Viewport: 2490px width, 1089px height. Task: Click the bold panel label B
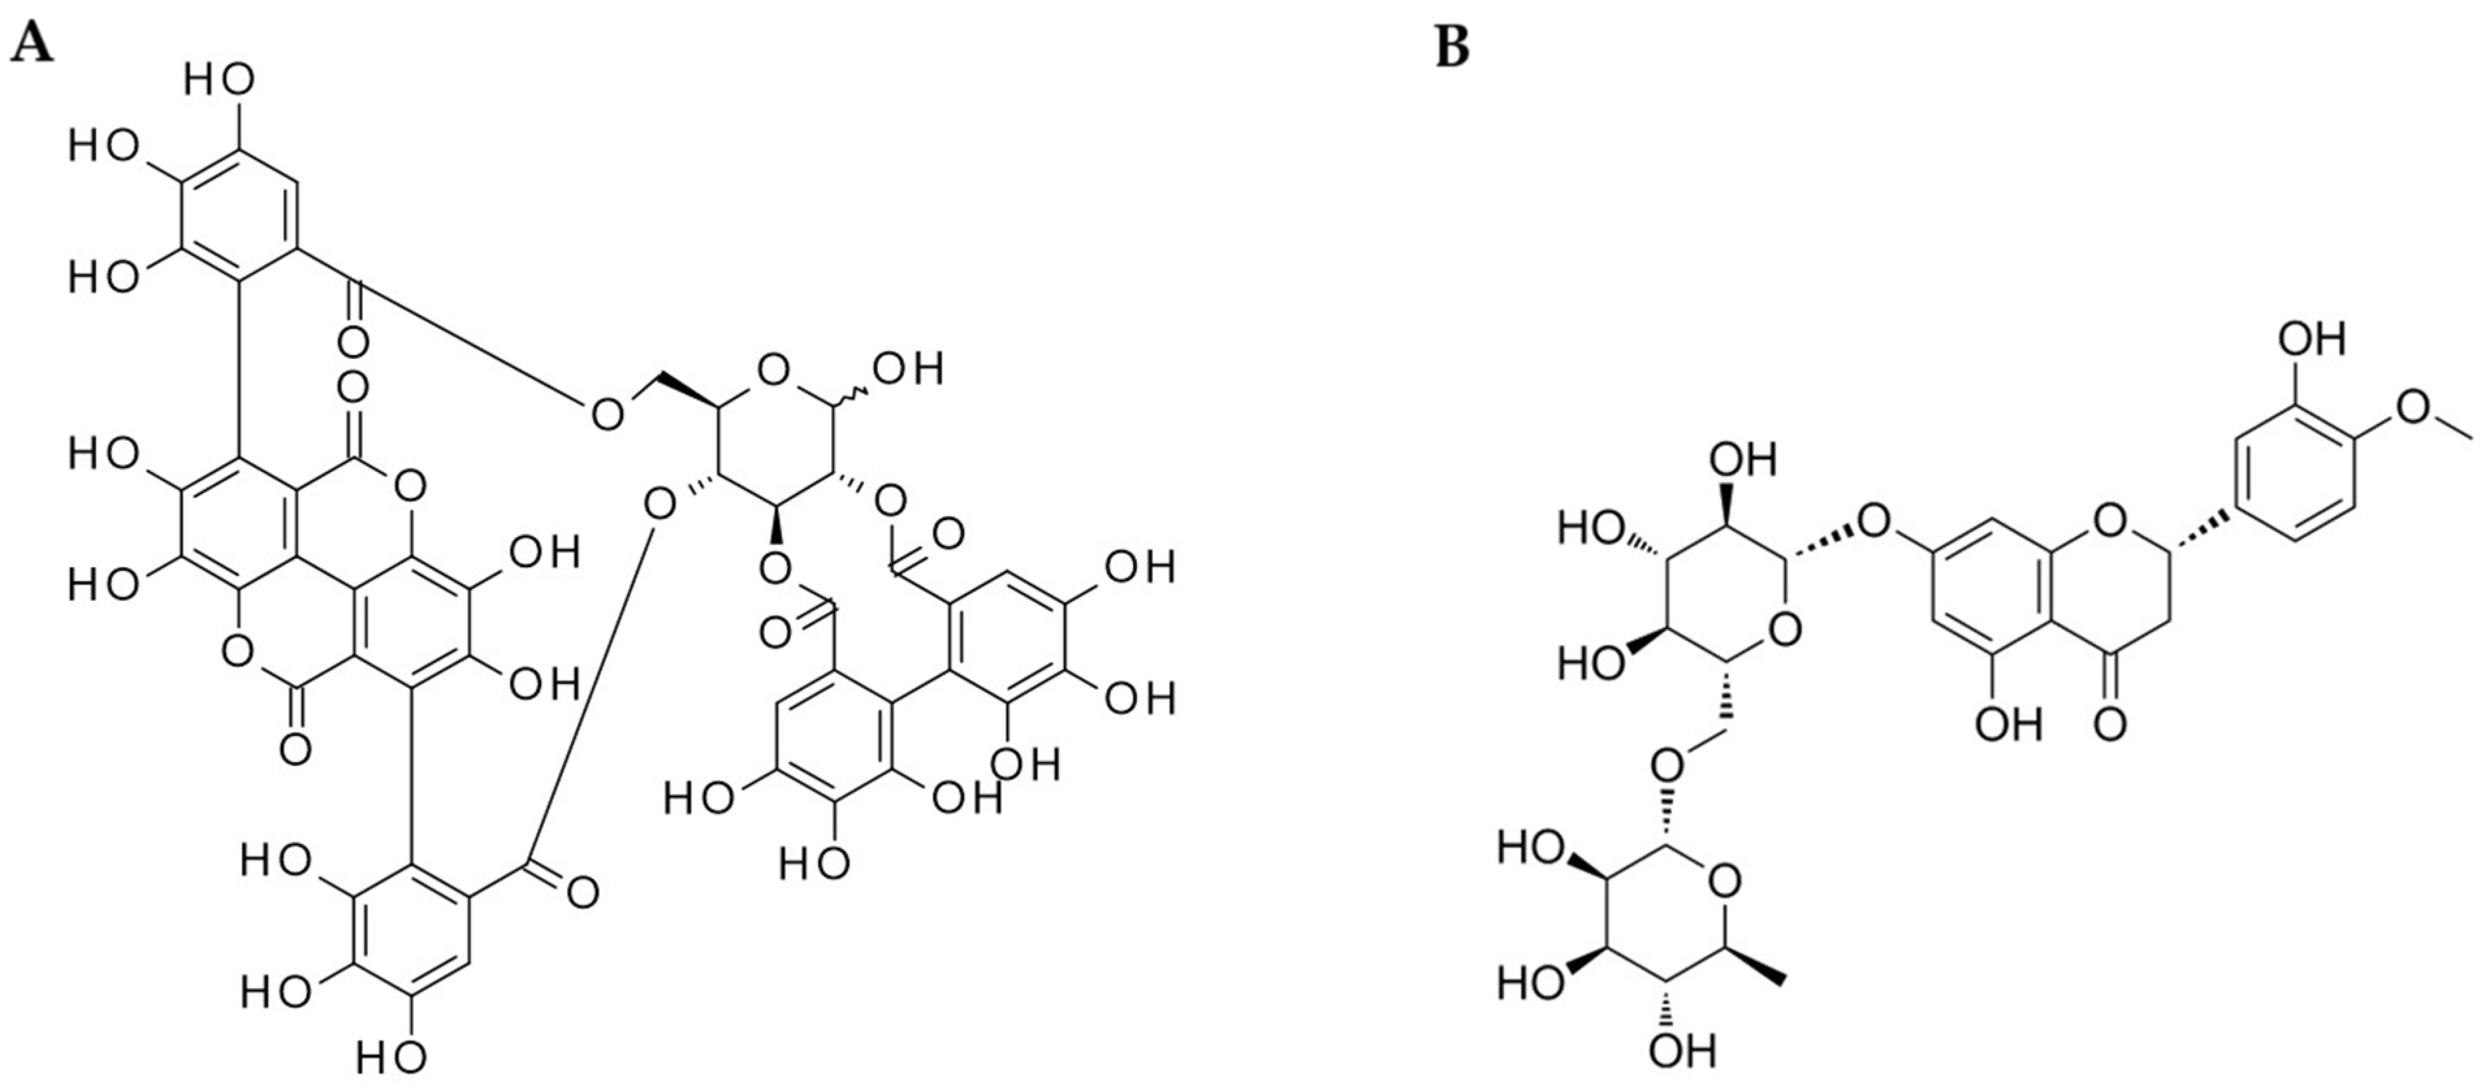[1452, 46]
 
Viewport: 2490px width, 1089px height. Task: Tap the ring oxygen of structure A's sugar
[773, 369]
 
